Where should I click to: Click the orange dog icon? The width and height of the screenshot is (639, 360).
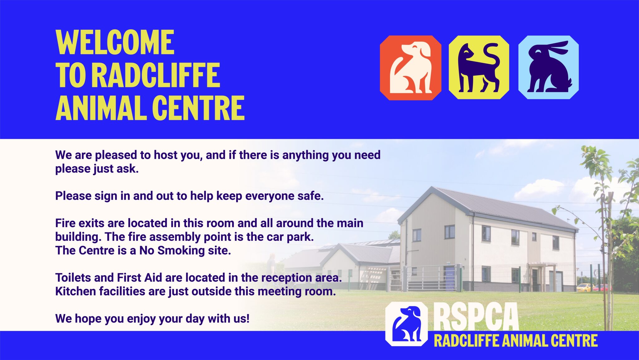[410, 68]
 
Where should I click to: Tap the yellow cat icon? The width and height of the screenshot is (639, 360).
[479, 68]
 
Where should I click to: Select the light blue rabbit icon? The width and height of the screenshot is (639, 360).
[549, 68]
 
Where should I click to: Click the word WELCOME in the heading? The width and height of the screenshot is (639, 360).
[115, 42]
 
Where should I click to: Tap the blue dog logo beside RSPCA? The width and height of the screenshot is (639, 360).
[407, 324]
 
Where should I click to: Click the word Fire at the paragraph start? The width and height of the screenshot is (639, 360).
[65, 223]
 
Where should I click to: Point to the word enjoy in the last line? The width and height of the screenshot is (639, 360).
[141, 319]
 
